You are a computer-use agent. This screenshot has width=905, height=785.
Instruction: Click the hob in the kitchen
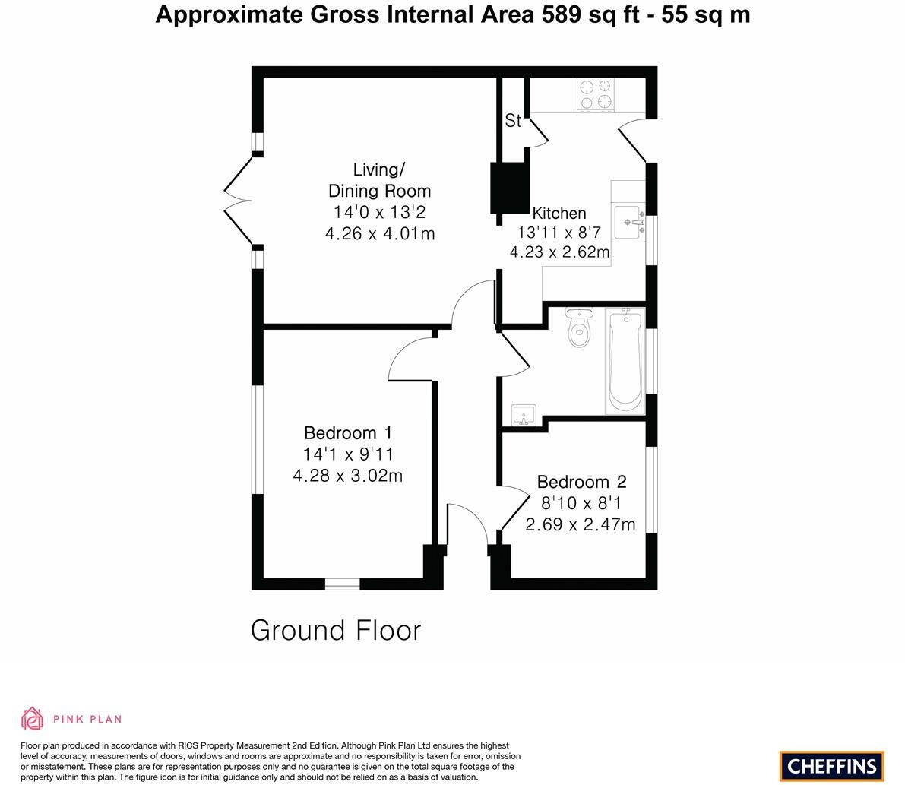point(596,94)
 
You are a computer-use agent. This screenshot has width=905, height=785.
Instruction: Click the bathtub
point(625,360)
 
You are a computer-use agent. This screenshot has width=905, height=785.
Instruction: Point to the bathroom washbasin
point(524,415)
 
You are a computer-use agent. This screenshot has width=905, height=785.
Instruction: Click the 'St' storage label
point(513,120)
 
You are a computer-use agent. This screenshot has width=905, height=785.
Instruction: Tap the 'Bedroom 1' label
point(348,433)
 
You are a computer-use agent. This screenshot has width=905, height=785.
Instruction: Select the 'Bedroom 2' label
point(581,482)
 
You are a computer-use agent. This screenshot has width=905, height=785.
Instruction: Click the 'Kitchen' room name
point(559,214)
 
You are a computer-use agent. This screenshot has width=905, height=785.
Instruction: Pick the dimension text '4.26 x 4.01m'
point(380,234)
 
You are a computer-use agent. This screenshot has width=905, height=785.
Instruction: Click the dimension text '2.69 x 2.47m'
point(581,524)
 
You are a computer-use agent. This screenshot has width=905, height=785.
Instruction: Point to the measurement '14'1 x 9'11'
point(348,454)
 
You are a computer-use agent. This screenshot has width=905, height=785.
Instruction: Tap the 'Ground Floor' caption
point(335,631)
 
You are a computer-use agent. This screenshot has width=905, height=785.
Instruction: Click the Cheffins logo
point(831,766)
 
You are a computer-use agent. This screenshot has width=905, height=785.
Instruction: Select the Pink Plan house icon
point(32,718)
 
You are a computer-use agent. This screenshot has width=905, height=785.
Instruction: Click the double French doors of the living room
point(238,201)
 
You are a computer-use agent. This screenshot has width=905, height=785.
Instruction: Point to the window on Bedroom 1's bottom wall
point(342,584)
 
